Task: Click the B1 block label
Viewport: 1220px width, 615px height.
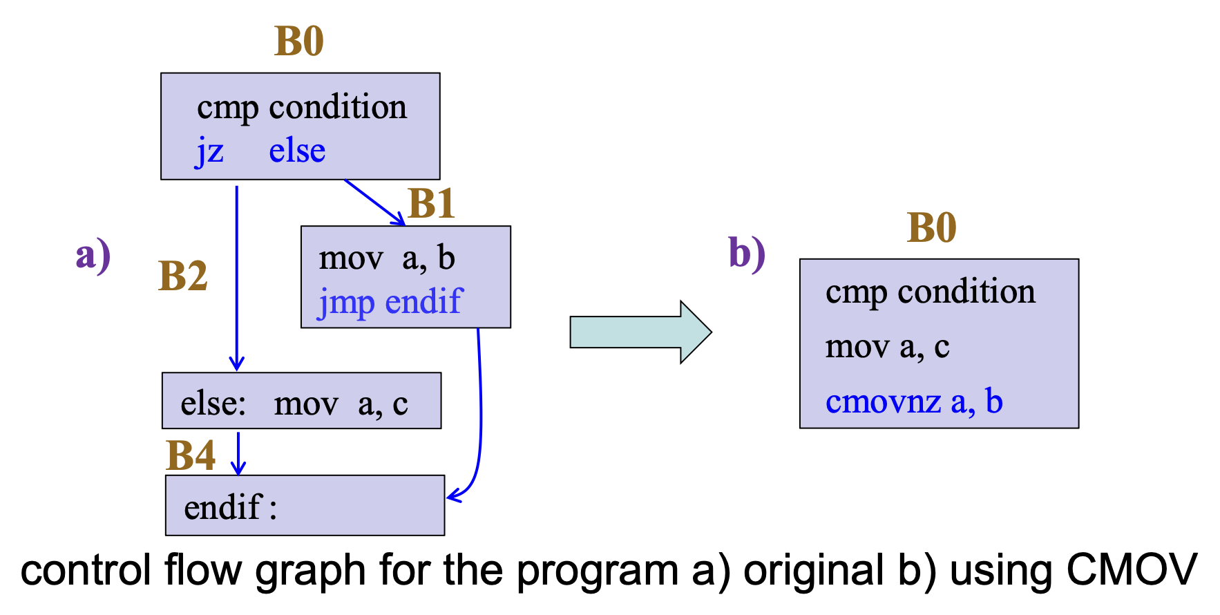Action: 432,204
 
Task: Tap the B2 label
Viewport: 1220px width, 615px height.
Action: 183,276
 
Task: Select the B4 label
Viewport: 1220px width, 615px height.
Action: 191,456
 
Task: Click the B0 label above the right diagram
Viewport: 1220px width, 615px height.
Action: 931,227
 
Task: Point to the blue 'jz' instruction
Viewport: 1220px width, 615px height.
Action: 209,151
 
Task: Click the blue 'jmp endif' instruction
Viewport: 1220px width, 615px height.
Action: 390,303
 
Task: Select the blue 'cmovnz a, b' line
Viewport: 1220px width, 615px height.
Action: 913,401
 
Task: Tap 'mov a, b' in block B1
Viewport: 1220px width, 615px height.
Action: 386,258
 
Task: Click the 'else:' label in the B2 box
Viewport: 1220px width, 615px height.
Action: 213,404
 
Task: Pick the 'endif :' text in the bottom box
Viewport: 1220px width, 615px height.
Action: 230,508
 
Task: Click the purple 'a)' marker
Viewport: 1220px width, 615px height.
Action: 93,255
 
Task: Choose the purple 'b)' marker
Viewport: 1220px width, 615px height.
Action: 747,253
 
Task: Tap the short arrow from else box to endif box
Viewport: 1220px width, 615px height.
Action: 238,453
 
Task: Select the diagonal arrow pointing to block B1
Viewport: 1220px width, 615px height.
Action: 374,202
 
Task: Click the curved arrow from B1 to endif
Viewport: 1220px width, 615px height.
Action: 480,415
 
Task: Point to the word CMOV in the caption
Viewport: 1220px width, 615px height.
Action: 1131,571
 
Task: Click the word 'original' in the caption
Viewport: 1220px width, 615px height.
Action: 813,571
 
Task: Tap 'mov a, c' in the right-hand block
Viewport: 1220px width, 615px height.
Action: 887,347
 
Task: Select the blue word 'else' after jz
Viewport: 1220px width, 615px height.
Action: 297,151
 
